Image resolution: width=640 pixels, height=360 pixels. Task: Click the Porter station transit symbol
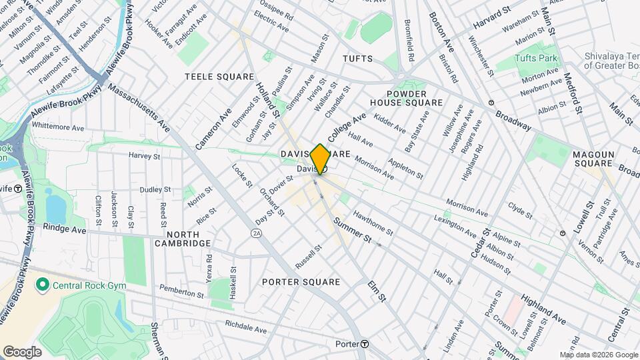pyautogui.click(x=365, y=344)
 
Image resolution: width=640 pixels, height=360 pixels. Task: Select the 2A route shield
pyautogui.click(x=256, y=233)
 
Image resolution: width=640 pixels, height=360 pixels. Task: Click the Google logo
pyautogui.click(x=22, y=351)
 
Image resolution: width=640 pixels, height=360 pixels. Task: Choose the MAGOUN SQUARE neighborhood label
pyautogui.click(x=593, y=159)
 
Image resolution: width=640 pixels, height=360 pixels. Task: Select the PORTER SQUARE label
pyautogui.click(x=301, y=282)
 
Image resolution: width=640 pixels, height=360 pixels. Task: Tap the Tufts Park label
pyautogui.click(x=535, y=59)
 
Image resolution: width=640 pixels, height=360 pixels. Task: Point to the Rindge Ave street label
pyautogui.click(x=65, y=229)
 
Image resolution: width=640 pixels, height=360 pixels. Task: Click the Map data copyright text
pyautogui.click(x=597, y=355)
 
